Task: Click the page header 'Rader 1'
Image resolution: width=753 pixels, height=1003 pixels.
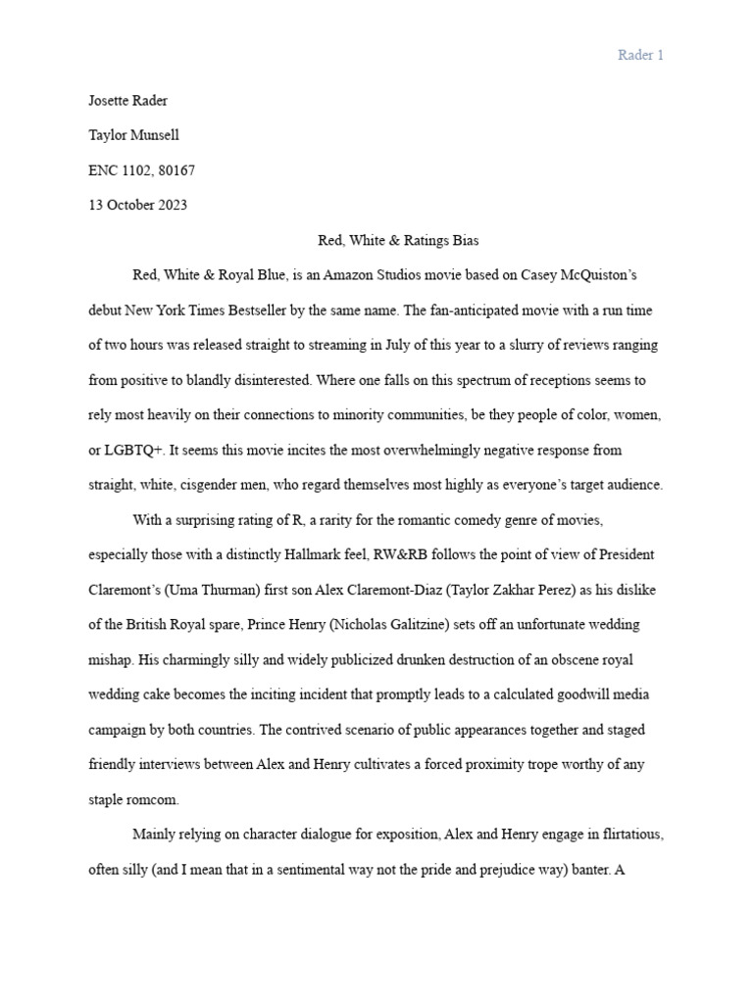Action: click(x=640, y=55)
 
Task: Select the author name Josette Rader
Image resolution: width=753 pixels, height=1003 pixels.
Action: click(x=127, y=101)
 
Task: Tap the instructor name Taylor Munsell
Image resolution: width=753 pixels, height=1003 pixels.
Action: click(x=133, y=135)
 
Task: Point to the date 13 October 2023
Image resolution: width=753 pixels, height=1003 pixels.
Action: click(x=137, y=205)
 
